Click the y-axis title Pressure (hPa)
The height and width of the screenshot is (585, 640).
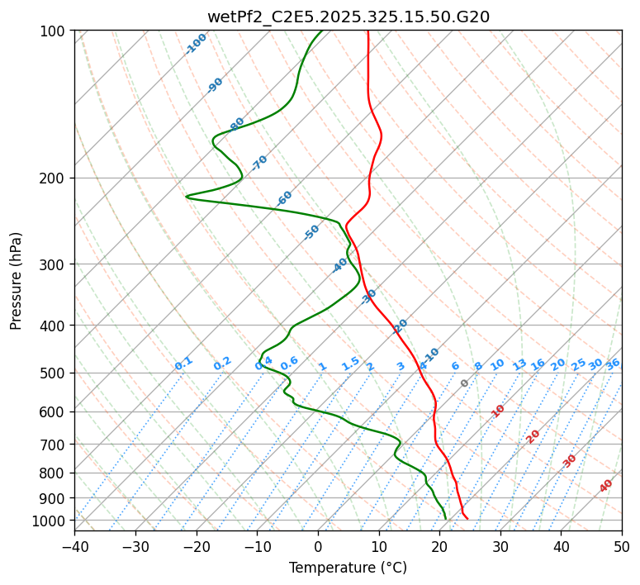point(16,280)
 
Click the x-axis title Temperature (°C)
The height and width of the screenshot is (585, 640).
point(348,568)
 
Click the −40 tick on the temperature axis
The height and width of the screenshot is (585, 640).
point(74,547)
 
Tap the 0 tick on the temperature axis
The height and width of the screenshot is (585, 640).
point(318,547)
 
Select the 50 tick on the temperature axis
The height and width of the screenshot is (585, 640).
point(622,547)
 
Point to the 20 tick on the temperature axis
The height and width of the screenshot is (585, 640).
point(439,547)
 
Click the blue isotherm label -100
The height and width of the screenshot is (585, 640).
point(196,44)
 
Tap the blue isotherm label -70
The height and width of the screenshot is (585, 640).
point(259,163)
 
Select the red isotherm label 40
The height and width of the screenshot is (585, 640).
point(606,486)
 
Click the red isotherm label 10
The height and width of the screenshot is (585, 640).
point(498,411)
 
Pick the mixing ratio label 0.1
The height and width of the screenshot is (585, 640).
point(183,363)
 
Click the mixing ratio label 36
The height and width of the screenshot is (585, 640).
point(613,364)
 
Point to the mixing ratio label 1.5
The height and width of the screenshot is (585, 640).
point(350,363)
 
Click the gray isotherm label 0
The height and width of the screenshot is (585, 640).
point(465,383)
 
